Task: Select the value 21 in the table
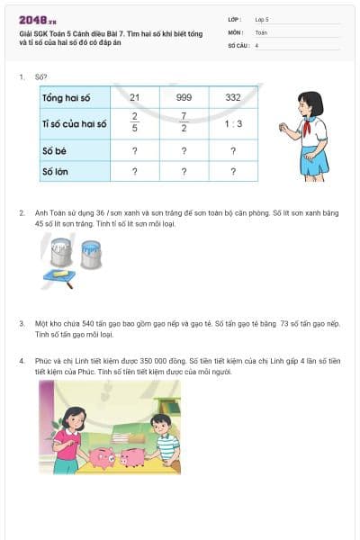[135, 97]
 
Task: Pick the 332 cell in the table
[232, 97]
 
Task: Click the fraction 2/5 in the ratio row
[135, 123]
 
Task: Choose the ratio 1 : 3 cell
[232, 124]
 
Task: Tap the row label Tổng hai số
[67, 97]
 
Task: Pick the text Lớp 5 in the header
[262, 18]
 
